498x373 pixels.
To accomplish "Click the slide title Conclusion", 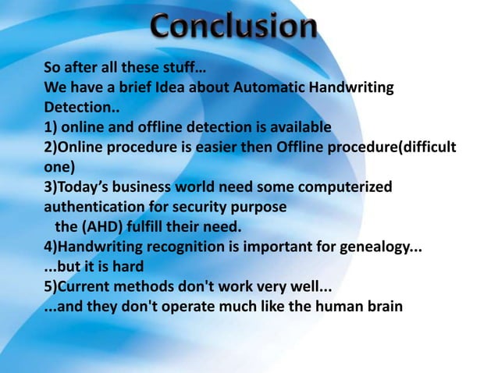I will (x=234, y=30).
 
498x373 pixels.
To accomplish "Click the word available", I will (x=301, y=127).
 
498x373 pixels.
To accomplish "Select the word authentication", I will (x=94, y=208).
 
